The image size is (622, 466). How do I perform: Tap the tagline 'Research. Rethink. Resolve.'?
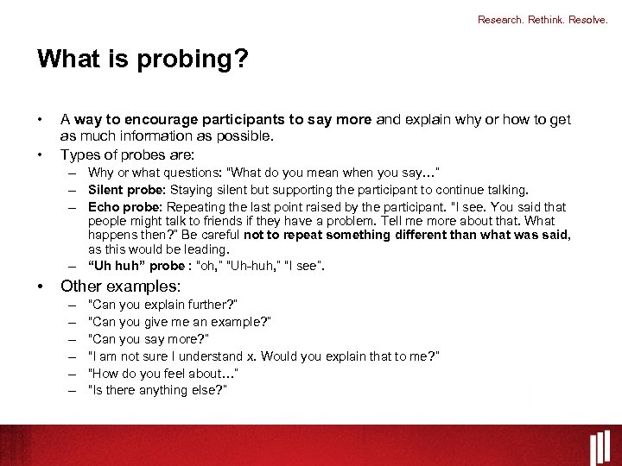(x=543, y=19)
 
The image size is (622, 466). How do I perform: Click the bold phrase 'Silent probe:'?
(x=128, y=190)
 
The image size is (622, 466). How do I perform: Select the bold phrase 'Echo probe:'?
(x=125, y=207)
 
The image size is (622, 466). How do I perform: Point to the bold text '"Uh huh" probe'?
(x=136, y=266)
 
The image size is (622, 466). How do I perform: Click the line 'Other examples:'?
(x=120, y=287)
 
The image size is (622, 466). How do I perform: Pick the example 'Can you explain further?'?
(x=162, y=305)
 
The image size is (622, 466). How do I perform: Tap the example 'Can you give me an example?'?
(x=180, y=322)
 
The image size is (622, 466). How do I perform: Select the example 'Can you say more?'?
(x=148, y=339)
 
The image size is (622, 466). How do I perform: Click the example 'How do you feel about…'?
(x=162, y=373)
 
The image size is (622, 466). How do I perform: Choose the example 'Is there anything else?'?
(x=157, y=390)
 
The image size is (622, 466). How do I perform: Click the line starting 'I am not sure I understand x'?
(x=263, y=356)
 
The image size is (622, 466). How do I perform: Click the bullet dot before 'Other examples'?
(x=41, y=287)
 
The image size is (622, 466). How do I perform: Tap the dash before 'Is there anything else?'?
(x=69, y=390)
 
